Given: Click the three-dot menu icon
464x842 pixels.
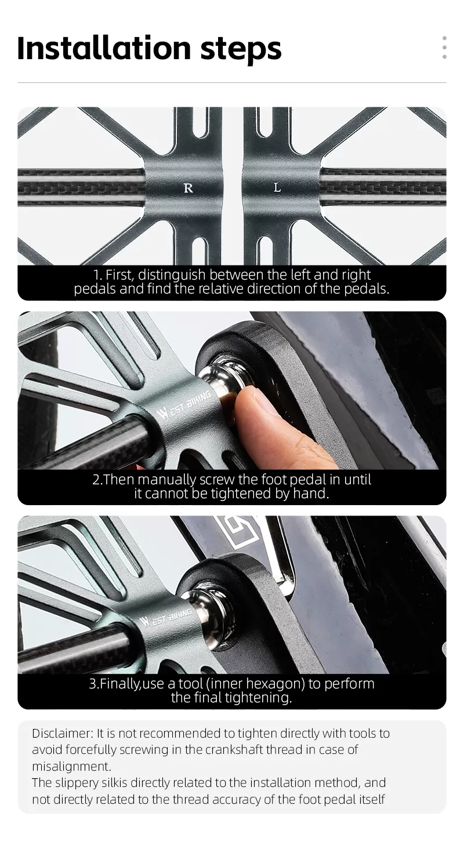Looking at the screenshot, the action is click(444, 48).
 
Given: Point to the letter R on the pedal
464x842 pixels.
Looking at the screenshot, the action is click(188, 188).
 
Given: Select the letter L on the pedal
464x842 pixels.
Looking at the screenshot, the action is click(277, 187).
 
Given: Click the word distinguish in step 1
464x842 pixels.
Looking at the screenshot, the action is click(172, 275).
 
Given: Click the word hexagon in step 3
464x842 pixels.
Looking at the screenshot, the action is click(275, 684).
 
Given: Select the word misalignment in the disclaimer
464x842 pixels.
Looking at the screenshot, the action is click(71, 767).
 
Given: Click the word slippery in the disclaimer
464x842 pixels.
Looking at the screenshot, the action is click(77, 783).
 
